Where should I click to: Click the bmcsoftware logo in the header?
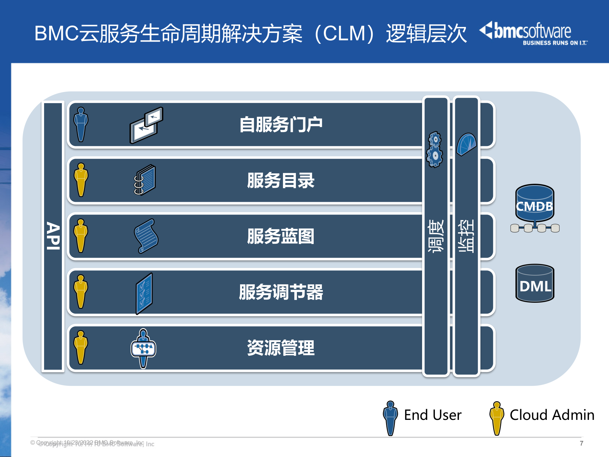[533, 33]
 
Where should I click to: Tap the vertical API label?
[53, 236]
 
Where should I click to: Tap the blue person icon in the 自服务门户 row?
[81, 124]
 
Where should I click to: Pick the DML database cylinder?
[535, 283]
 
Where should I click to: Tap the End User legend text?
[433, 415]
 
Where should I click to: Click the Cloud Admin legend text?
[552, 415]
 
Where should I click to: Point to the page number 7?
[581, 443]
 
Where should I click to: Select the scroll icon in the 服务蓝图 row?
[146, 236]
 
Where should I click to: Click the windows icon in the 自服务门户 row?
[146, 125]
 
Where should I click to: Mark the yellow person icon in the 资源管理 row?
[81, 348]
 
